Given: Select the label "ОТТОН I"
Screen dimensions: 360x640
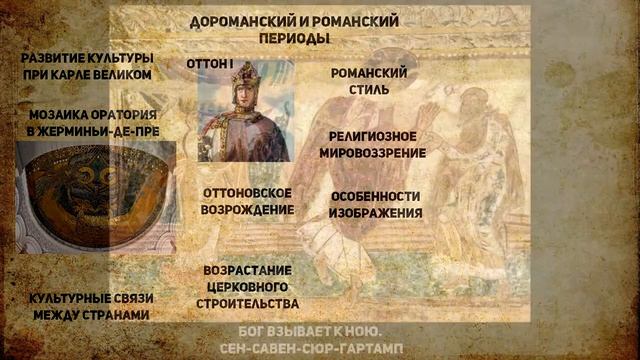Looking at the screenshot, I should (x=210, y=63).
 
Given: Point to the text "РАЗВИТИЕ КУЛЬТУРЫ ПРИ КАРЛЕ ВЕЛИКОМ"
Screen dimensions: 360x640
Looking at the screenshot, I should (x=88, y=66).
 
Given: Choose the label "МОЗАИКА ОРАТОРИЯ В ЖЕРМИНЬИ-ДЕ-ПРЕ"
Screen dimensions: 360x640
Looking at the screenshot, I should (x=94, y=123).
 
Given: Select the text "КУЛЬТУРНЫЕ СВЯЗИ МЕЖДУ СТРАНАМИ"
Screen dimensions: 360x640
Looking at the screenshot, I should (x=89, y=306).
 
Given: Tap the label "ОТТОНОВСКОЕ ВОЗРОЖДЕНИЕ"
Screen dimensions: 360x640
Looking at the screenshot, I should (x=247, y=201).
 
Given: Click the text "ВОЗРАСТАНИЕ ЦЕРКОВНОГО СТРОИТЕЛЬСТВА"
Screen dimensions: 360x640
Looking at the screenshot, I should (x=251, y=287).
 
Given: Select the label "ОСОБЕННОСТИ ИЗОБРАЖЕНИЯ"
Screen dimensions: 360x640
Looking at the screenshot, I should (x=376, y=204).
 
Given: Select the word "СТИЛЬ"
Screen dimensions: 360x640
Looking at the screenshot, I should (x=369, y=90).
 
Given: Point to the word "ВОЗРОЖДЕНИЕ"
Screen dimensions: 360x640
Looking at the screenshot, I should (x=247, y=210).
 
